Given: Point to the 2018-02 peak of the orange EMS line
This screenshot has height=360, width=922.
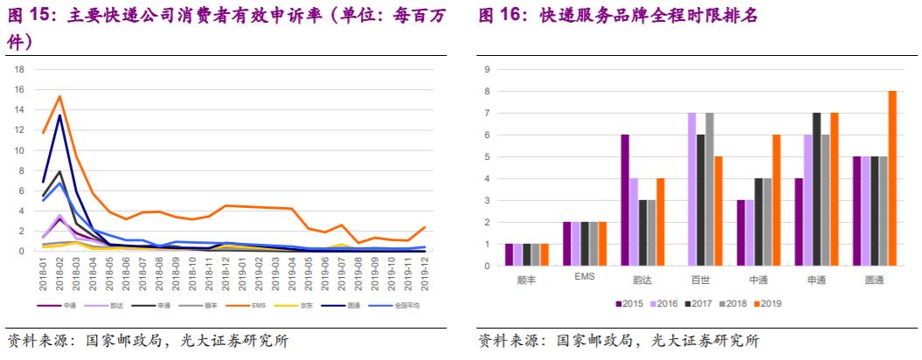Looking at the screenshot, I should click(x=59, y=97).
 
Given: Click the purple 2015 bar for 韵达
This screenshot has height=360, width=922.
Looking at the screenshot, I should click(x=626, y=200).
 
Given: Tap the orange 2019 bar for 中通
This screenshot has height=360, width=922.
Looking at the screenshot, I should click(x=775, y=200).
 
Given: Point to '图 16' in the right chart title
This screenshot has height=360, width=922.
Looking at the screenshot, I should click(x=501, y=17).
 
